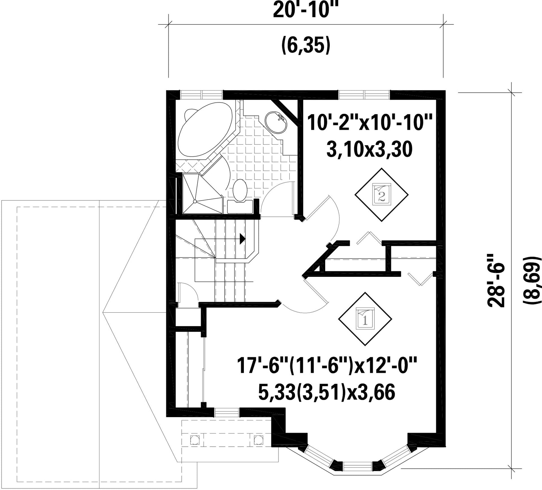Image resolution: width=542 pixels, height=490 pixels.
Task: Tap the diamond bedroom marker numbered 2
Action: (382, 195)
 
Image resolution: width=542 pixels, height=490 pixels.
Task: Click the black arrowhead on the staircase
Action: (242, 239)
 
